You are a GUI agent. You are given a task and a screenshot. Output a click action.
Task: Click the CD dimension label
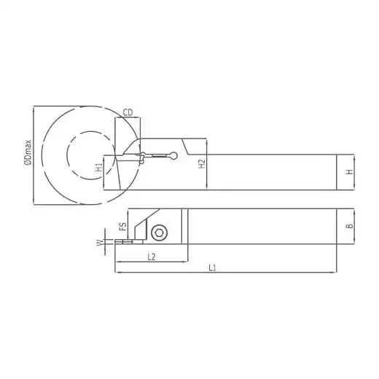(128, 113)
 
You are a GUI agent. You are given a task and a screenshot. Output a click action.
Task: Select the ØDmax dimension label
(28, 153)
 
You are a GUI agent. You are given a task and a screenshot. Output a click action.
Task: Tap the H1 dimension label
(99, 167)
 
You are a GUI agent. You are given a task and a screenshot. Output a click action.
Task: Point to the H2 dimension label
(202, 164)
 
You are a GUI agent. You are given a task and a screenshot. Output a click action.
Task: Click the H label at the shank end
(349, 172)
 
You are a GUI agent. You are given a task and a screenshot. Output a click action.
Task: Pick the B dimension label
(350, 226)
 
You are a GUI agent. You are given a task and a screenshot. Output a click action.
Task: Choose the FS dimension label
(124, 227)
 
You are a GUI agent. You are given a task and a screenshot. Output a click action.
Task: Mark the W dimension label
(99, 243)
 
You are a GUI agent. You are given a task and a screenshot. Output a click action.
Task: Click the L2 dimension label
(152, 257)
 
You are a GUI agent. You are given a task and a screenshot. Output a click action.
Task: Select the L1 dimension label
(212, 267)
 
